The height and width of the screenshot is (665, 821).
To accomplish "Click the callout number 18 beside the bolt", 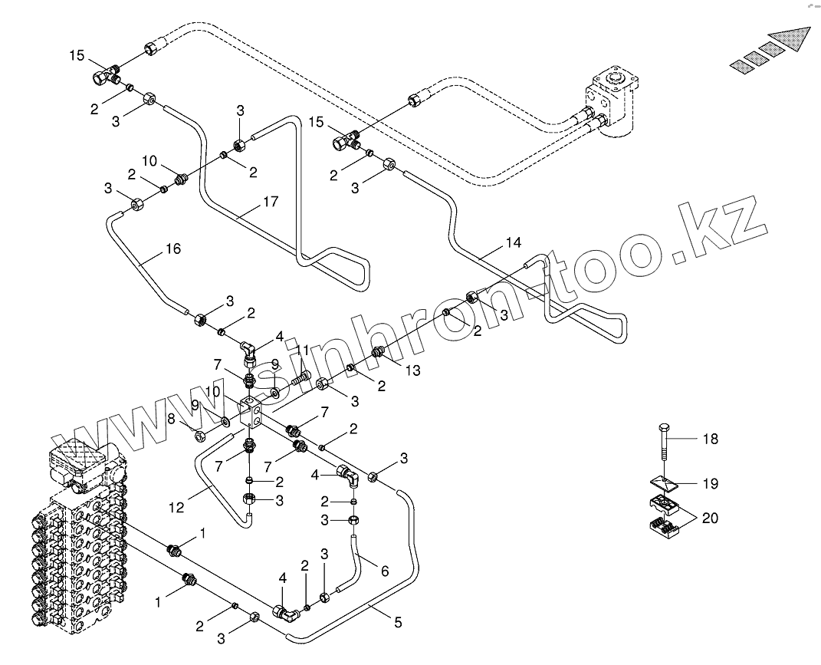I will (711, 439).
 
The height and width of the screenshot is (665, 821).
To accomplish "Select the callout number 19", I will (711, 484).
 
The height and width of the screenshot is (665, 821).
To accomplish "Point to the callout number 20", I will (711, 519).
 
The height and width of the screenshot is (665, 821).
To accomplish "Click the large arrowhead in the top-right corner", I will (793, 39).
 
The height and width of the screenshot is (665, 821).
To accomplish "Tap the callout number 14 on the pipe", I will (513, 243).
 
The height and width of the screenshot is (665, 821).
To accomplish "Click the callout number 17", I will (270, 202).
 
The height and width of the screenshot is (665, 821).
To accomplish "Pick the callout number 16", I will (173, 249).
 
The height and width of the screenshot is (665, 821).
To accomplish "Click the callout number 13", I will (413, 370).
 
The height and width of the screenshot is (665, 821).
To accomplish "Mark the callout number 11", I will (303, 350).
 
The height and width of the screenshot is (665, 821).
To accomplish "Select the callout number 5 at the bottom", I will (398, 623).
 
